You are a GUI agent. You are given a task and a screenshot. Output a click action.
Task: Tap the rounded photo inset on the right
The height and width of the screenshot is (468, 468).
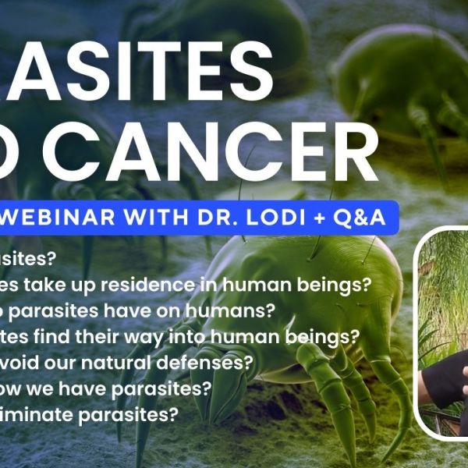pyautogui.click(x=441, y=331)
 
